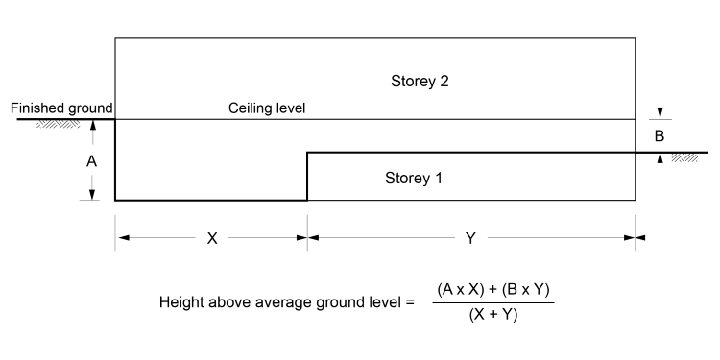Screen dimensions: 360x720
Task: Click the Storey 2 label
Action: (x=420, y=79)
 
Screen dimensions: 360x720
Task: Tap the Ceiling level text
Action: (x=266, y=108)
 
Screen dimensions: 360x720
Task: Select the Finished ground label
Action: (x=61, y=108)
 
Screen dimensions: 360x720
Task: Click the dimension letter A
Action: (x=92, y=162)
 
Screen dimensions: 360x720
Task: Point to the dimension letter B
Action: (x=660, y=136)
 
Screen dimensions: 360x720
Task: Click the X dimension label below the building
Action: (x=212, y=239)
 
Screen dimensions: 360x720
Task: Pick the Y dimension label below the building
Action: (x=470, y=239)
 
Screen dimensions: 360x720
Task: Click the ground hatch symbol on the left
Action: (x=60, y=124)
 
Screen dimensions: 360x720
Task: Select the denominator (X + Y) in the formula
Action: (x=494, y=314)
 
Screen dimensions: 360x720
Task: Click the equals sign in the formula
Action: (x=409, y=303)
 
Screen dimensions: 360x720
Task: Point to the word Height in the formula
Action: (x=181, y=303)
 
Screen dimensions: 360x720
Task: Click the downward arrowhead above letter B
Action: (x=660, y=113)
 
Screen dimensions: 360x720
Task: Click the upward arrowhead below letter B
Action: (x=660, y=158)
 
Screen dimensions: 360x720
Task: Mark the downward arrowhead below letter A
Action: (x=92, y=194)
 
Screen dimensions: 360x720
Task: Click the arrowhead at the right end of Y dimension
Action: (x=630, y=238)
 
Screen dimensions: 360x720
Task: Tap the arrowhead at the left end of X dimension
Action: (x=121, y=238)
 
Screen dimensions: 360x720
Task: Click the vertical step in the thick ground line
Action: (x=307, y=176)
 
